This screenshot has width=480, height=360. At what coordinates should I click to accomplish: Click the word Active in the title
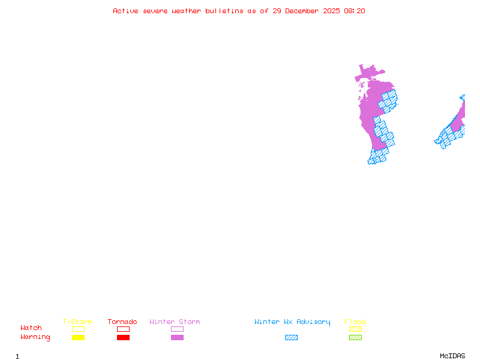click(125, 11)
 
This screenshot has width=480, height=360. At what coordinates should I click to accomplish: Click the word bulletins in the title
click(224, 11)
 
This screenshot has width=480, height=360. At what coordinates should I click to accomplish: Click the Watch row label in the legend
click(31, 328)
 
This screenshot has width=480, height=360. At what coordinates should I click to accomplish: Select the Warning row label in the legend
click(35, 337)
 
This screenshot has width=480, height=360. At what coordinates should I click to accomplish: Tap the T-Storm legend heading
click(77, 322)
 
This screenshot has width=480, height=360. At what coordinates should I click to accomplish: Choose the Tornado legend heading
click(122, 322)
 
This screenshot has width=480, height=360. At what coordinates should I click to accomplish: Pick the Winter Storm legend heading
click(175, 322)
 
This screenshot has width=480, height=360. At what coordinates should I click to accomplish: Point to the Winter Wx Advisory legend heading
click(292, 322)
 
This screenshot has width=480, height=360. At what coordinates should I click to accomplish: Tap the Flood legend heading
click(355, 322)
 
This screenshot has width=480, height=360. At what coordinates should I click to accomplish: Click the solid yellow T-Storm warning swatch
click(78, 337)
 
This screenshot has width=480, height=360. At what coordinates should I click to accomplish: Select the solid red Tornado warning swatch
click(123, 337)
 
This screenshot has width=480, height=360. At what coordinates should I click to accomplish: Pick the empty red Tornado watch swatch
click(123, 329)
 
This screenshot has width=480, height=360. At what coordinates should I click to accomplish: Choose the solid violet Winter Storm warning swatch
click(177, 337)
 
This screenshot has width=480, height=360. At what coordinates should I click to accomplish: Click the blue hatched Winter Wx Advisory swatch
click(291, 337)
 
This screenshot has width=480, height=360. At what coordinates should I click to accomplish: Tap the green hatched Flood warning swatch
click(355, 337)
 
